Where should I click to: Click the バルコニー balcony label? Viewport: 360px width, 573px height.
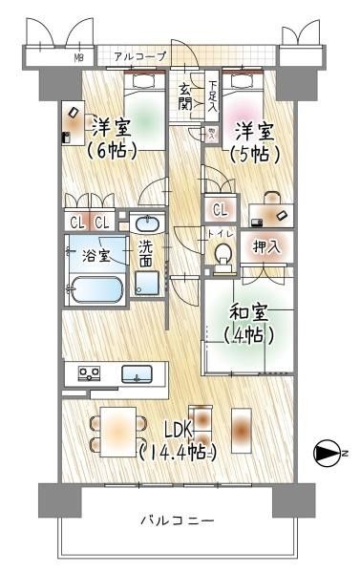point(177,521)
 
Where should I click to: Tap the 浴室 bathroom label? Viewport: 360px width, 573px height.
point(95,256)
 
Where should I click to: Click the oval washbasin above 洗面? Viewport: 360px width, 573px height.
point(146,224)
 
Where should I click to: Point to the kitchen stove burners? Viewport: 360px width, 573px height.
point(89,373)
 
